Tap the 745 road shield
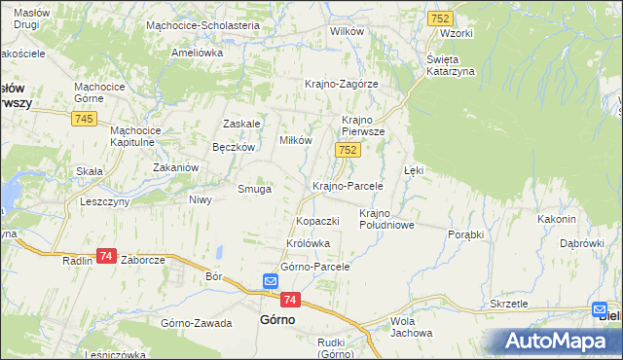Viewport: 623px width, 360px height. point(83,118)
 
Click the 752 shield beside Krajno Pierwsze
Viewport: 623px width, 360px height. point(348,150)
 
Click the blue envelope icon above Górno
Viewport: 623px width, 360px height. point(271,282)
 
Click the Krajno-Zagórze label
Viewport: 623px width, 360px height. point(341,84)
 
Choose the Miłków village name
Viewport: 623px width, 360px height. point(296,140)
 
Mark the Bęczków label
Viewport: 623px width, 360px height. point(234,147)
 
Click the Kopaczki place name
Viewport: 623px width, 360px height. point(317,221)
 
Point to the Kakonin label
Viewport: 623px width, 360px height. point(558,219)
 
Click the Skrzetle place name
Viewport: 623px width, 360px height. point(509,304)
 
